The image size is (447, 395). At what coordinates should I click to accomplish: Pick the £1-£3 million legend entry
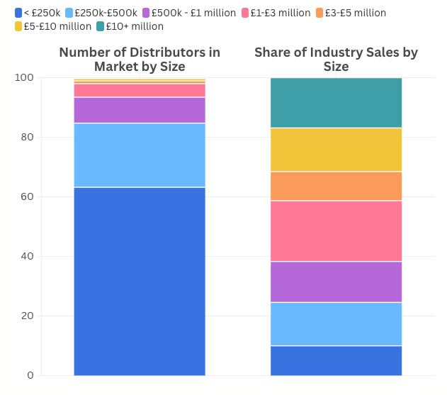coord(280,13)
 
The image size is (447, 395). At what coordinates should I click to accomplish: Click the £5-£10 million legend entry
coord(53,26)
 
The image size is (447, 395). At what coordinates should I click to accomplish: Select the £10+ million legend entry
coord(135,26)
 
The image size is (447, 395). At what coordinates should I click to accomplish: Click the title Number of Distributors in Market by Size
coord(140,60)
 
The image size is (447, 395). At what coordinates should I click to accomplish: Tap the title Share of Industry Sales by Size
coord(336,60)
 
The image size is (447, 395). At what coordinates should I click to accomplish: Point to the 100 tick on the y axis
coord(24,77)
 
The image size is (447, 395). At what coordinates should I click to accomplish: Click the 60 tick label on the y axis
coord(27,196)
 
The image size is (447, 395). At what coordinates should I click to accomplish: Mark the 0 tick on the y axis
coord(30,375)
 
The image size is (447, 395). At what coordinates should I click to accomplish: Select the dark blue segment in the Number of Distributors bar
coord(140,281)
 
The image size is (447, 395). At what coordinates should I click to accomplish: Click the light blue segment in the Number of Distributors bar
coord(140,155)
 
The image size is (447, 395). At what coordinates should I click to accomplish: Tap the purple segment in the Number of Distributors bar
coord(140,110)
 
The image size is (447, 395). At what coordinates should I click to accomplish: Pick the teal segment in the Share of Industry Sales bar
coord(336,103)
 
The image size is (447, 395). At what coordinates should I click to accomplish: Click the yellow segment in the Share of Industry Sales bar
coord(336,150)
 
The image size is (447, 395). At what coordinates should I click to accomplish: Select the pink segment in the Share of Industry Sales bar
coord(336,231)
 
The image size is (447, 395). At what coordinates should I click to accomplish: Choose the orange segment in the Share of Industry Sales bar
coord(336,186)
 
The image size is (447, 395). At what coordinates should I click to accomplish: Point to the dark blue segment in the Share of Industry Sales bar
coord(336,360)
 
